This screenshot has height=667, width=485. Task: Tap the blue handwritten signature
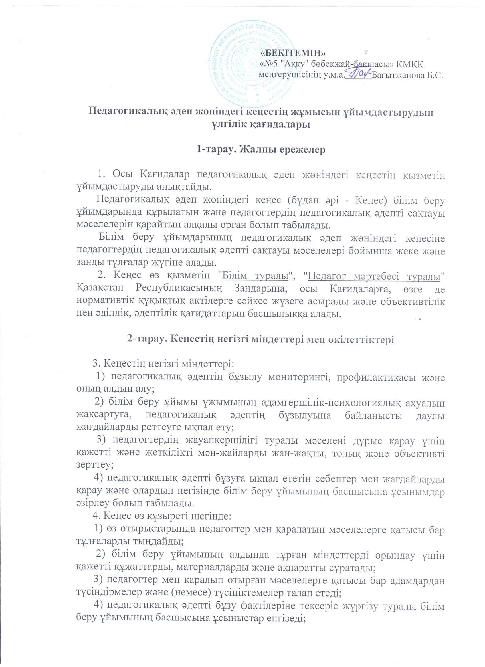(359, 73)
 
